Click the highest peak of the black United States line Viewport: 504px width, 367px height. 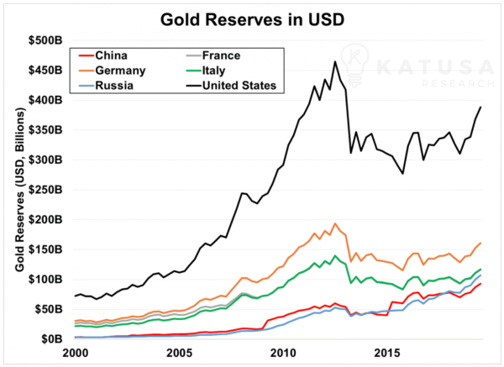coord(335,61)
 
